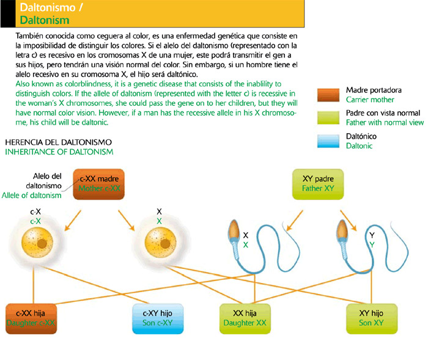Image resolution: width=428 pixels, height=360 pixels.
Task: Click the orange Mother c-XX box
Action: (98, 183)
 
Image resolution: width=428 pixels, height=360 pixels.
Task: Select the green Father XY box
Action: (318, 183)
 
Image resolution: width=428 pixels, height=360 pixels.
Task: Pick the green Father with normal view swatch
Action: (329, 117)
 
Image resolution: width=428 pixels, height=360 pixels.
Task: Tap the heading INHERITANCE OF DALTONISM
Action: (58, 151)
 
